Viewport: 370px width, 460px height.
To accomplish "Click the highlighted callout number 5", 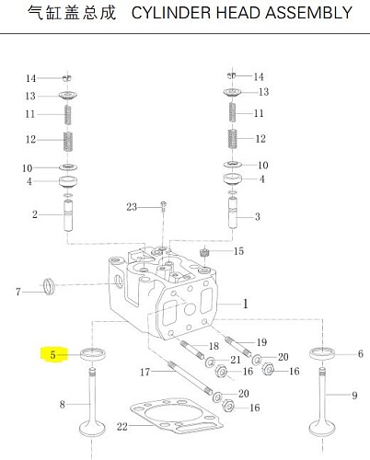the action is pyautogui.click(x=52, y=355).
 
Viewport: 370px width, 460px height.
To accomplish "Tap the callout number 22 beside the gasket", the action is pyautogui.click(x=122, y=426).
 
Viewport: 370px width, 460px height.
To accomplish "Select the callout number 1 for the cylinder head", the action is pyautogui.click(x=246, y=304).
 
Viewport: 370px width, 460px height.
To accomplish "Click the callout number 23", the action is pyautogui.click(x=132, y=207).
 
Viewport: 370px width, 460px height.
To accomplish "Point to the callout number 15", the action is pyautogui.click(x=238, y=251).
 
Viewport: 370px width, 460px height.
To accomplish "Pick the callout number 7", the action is pyautogui.click(x=18, y=292).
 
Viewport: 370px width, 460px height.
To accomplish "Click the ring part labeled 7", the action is pyautogui.click(x=49, y=286).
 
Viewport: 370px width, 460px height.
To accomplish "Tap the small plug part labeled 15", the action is pyautogui.click(x=203, y=253).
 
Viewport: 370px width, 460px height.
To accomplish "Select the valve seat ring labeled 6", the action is pyautogui.click(x=322, y=352).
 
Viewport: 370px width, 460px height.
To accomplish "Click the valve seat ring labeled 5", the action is pyautogui.click(x=93, y=354).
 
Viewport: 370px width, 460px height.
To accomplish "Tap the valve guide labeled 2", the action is pyautogui.click(x=68, y=215).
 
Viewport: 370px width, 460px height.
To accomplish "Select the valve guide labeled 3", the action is pyautogui.click(x=233, y=213).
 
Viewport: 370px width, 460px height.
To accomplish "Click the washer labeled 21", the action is pyautogui.click(x=210, y=362).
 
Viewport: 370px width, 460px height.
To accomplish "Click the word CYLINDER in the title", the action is pyautogui.click(x=171, y=13).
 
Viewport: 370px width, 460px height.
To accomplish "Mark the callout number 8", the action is pyautogui.click(x=63, y=405).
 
